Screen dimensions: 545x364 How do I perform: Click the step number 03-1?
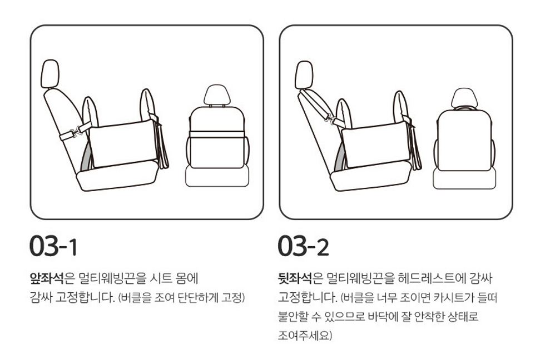53,246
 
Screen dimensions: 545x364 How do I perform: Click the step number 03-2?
303,246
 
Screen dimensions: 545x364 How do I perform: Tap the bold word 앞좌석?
47,278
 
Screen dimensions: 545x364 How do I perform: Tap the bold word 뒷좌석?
295,278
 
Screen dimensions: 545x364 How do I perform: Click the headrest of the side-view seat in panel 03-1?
50,73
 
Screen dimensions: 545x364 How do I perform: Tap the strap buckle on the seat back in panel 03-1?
73,132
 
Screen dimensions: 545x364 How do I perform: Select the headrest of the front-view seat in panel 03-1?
217,95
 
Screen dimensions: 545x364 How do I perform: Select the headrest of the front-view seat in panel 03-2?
464,98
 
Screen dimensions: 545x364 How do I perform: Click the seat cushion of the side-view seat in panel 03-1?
117,176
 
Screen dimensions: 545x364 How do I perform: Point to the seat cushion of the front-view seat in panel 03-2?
464,178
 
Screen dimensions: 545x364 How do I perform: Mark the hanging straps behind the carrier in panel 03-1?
162,146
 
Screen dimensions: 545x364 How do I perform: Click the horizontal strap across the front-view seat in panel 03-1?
217,134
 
